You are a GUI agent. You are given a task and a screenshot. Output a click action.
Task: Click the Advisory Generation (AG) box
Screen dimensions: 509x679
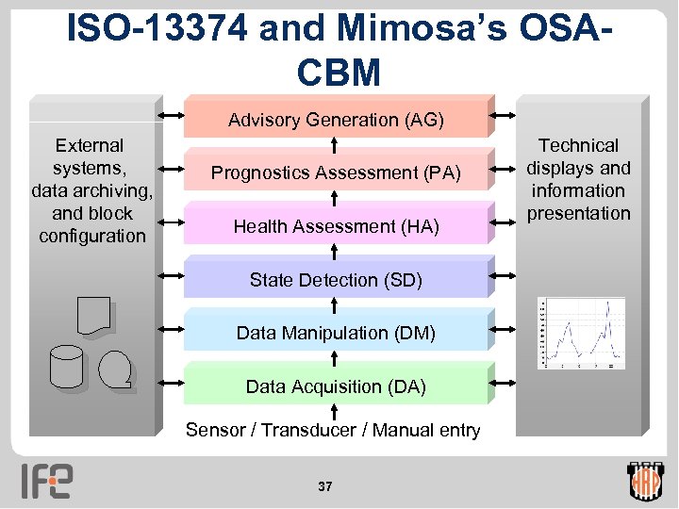pyautogui.click(x=336, y=119)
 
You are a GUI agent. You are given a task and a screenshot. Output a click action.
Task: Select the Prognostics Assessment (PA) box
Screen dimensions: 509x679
pyautogui.click(x=336, y=172)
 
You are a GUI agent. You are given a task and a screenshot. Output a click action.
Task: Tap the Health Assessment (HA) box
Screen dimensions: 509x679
pyautogui.click(x=336, y=226)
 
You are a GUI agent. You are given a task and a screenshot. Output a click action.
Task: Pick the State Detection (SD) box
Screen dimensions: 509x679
pyautogui.click(x=336, y=280)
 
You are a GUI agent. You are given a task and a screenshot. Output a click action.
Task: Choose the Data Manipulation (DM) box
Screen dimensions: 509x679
pyautogui.click(x=336, y=333)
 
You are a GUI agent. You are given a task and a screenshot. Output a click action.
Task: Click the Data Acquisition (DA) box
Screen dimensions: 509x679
pyautogui.click(x=336, y=386)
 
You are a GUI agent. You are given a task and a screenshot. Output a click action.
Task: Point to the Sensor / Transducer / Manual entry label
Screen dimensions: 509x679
pyautogui.click(x=333, y=431)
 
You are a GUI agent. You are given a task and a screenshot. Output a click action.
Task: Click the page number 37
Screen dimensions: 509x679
pyautogui.click(x=325, y=486)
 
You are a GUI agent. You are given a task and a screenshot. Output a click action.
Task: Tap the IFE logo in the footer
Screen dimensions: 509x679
pyautogui.click(x=47, y=481)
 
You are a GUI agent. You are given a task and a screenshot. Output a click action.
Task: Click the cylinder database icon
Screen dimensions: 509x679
pyautogui.click(x=68, y=367)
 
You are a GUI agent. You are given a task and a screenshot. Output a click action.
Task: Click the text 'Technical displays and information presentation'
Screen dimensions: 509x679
pyautogui.click(x=578, y=179)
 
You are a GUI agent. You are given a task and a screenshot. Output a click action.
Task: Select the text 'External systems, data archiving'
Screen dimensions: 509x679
pyautogui.click(x=91, y=179)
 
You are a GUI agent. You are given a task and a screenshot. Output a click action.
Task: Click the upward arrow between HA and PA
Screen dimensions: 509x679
pyautogui.click(x=337, y=199)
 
